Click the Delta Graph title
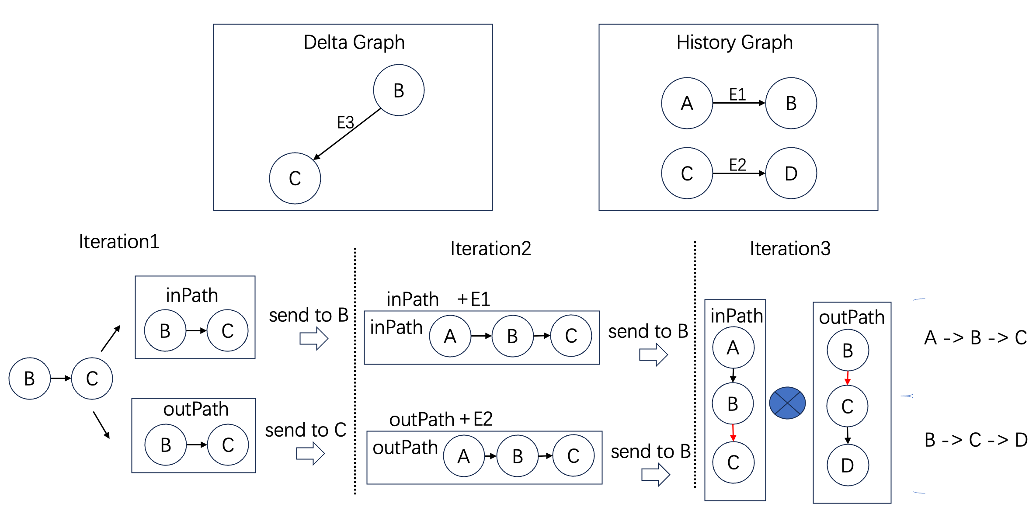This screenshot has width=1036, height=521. click(354, 42)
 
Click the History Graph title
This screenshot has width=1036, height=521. click(734, 42)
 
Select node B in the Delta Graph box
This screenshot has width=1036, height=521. click(399, 90)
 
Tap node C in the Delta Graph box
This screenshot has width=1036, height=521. click(295, 178)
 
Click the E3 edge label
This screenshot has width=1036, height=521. click(345, 122)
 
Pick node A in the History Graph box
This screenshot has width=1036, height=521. click(687, 103)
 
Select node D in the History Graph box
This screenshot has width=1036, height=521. click(791, 173)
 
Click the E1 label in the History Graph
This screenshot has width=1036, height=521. click(737, 94)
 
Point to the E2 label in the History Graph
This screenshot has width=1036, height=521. click(737, 165)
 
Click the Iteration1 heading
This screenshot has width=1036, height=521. click(119, 242)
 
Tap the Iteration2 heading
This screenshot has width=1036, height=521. click(490, 249)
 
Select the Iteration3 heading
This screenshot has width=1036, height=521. click(790, 249)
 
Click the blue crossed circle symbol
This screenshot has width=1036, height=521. click(787, 403)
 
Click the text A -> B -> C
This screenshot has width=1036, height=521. click(975, 338)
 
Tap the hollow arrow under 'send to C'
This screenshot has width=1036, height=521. click(310, 454)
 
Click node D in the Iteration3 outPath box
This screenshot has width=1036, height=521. click(848, 465)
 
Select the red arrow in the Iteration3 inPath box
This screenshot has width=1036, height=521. click(733, 433)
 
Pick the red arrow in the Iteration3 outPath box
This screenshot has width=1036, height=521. click(848, 378)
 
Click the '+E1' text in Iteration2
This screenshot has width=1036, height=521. click(474, 299)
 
